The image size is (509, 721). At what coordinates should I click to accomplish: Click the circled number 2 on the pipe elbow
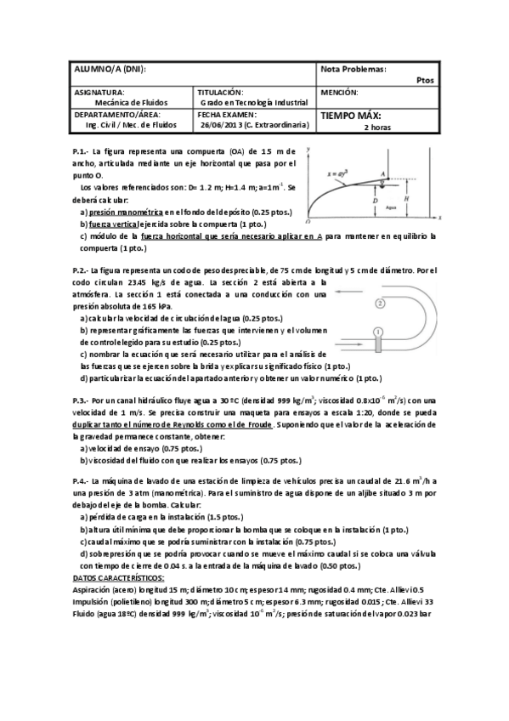tap(380, 302)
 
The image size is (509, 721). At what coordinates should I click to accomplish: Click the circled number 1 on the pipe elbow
tap(379, 331)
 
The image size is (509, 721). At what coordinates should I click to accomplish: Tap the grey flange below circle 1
tap(379, 345)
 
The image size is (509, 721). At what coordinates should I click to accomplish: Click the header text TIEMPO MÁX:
tap(350, 116)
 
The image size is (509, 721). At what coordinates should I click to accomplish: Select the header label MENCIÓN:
tap(339, 92)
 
